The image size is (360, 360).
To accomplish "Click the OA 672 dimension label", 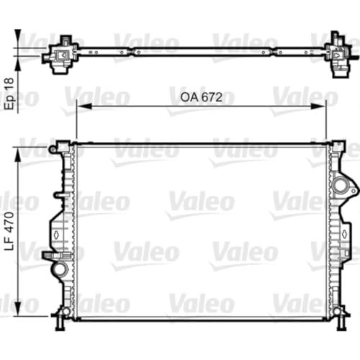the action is [201, 97].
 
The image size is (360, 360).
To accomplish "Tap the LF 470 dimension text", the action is [10, 231].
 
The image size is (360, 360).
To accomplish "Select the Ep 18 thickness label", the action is [10, 94].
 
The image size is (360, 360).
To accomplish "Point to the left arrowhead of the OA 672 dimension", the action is [84, 106].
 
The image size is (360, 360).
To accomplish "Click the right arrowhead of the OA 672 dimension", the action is [318, 106].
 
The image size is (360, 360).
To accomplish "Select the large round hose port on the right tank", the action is [341, 185].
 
